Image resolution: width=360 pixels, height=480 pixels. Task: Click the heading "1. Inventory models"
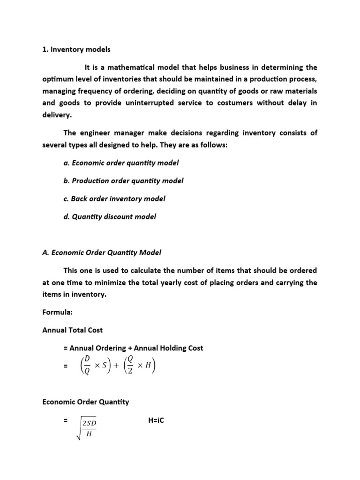coord(76,49)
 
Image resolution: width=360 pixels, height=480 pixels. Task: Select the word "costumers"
coord(227,103)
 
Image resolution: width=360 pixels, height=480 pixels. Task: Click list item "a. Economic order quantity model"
coord(121,163)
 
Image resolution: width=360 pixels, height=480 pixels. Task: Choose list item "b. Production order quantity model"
coord(123,180)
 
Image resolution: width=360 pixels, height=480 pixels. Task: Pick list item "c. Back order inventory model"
coord(114,198)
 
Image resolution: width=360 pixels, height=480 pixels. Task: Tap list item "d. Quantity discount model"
coord(110,217)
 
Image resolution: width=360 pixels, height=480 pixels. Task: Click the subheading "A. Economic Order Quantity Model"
coord(102,252)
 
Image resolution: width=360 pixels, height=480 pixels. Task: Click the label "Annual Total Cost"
coord(73,330)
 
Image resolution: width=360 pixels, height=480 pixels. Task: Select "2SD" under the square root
coord(89,424)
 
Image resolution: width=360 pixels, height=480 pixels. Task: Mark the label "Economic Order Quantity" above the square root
coord(85,402)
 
